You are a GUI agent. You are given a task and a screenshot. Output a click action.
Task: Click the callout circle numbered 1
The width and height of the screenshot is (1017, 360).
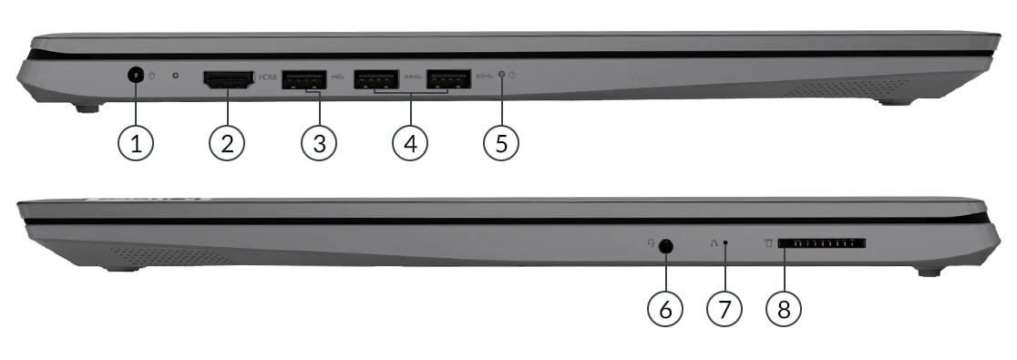tap(136, 143)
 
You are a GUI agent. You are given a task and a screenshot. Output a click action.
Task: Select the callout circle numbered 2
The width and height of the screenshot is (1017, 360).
tap(227, 143)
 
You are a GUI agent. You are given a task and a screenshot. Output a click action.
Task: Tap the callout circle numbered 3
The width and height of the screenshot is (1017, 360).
tap(319, 143)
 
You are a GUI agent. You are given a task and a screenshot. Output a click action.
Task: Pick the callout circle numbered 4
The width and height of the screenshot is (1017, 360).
tap(410, 143)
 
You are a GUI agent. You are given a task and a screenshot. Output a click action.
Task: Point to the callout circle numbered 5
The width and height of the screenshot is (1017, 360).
tap(501, 143)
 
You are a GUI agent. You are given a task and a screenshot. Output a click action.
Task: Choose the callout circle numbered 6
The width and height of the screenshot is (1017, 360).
tap(665, 309)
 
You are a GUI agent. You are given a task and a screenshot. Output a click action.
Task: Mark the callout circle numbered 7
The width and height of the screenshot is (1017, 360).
tap(724, 309)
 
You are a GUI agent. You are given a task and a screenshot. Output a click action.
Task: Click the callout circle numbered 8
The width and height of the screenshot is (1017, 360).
tap(784, 309)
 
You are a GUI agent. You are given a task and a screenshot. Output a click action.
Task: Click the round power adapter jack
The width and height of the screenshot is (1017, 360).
tap(136, 76)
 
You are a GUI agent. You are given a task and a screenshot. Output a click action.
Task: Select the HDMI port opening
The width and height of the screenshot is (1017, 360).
tap(229, 79)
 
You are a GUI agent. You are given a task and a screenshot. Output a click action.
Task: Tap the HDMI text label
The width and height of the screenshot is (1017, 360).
tap(268, 77)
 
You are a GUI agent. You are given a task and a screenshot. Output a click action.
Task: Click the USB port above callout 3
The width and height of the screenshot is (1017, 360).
tap(303, 78)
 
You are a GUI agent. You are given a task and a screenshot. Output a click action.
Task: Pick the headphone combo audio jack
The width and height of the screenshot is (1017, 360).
tap(665, 246)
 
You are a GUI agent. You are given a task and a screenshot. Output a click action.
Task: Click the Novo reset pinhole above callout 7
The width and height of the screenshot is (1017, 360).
tap(725, 243)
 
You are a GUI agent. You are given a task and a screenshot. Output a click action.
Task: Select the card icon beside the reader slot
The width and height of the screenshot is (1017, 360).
tap(768, 243)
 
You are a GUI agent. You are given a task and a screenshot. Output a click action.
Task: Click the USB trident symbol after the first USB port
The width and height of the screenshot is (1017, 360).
tap(337, 76)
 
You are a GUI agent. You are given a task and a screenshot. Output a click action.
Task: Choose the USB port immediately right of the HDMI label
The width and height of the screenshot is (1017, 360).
tap(303, 78)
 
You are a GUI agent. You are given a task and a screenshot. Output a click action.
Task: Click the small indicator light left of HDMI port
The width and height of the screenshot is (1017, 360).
tap(177, 76)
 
